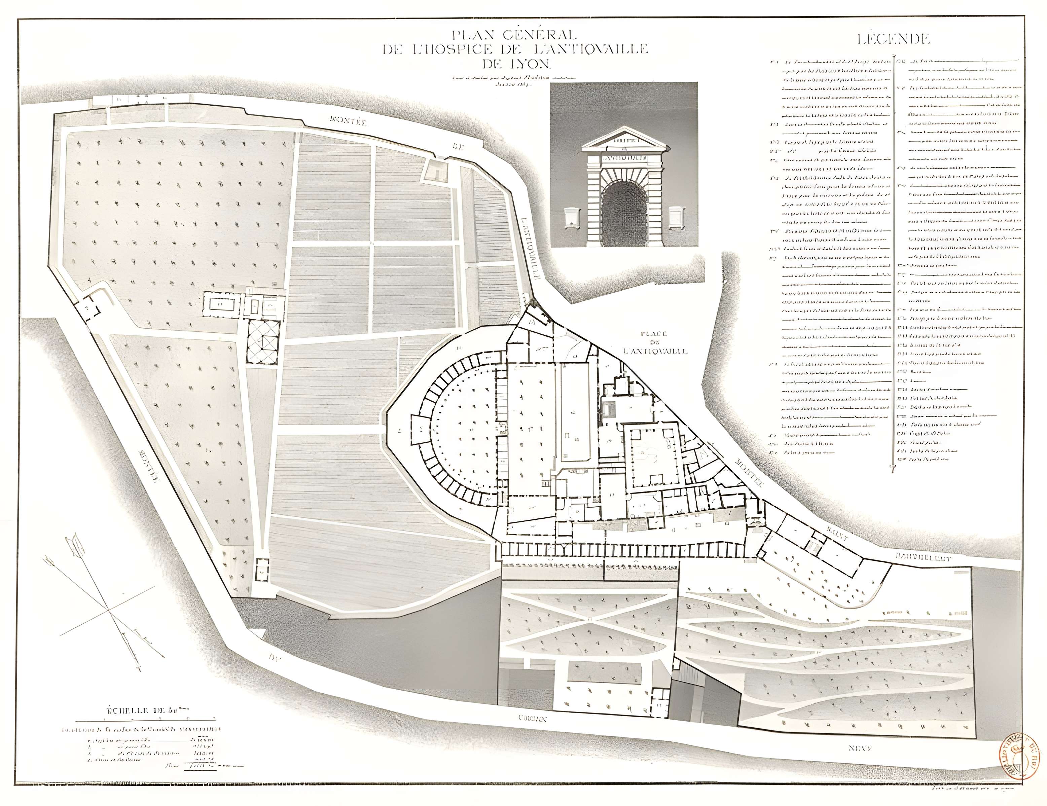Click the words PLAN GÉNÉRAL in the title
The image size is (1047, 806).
coord(514,35)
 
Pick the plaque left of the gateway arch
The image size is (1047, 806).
coord(571,217)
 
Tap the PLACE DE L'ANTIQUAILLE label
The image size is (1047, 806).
coord(655,343)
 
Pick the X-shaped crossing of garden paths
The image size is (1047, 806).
coord(588,619)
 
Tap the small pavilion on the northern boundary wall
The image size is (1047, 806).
coord(436,170)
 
